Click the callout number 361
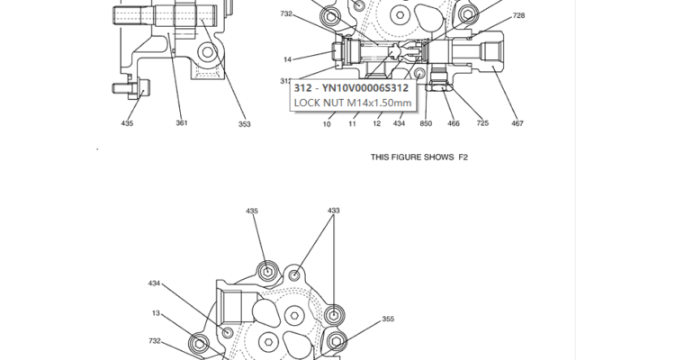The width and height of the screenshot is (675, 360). pos(182,123)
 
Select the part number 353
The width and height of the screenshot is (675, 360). pos(244,124)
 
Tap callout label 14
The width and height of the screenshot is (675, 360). pos(287,59)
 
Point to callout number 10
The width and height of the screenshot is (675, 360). pos(328,123)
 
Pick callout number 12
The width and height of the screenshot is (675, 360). pos(377,123)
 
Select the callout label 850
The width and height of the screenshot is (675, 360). pos(425,123)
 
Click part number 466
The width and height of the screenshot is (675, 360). pos(454,123)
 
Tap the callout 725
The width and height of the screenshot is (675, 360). pos(482,123)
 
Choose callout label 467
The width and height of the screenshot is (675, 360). pos(517,123)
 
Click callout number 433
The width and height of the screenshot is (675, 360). pos(334,211)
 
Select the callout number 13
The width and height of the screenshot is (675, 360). pos(156,313)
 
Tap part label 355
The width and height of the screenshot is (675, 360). pos(388,319)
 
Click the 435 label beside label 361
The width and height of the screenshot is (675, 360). pos(127,123)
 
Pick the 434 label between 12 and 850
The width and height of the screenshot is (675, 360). pos(399,123)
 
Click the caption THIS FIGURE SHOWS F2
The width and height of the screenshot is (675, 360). pos(419,157)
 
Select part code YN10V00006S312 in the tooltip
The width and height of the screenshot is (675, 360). pos(364,88)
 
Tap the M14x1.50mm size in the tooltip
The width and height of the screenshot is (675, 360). pos(379,103)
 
